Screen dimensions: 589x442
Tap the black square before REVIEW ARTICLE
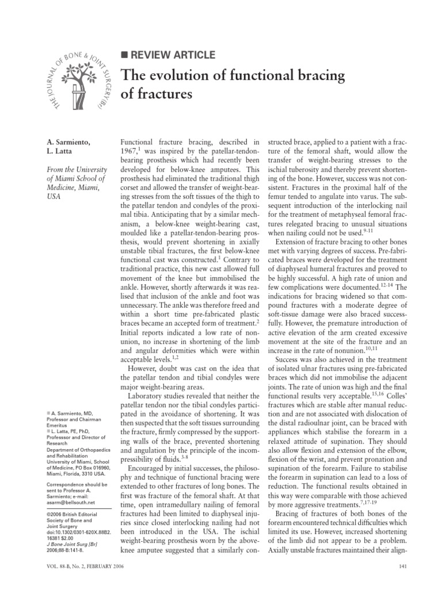click(x=124, y=55)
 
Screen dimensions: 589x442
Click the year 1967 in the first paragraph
click(x=129, y=151)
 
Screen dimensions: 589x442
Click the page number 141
click(x=403, y=569)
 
